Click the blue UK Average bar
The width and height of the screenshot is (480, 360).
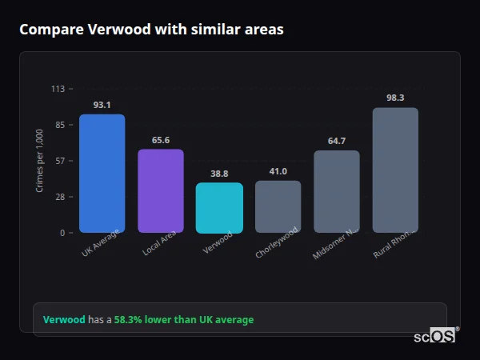pyautogui.click(x=102, y=174)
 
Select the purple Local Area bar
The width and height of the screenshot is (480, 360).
pyautogui.click(x=161, y=191)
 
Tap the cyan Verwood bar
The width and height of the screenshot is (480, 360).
pyautogui.click(x=219, y=208)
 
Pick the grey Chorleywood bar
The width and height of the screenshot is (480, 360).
pyautogui.click(x=278, y=206)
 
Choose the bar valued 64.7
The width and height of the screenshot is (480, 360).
pyautogui.click(x=337, y=192)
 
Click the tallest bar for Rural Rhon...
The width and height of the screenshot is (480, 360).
pyautogui.click(x=395, y=170)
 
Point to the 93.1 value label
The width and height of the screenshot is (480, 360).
pyautogui.click(x=102, y=105)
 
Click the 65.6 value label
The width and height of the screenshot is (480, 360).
pyautogui.click(x=161, y=140)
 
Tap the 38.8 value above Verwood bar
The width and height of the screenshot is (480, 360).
pyautogui.click(x=219, y=174)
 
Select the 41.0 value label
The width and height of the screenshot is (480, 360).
pyautogui.click(x=278, y=171)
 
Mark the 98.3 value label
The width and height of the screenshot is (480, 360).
pyautogui.click(x=395, y=98)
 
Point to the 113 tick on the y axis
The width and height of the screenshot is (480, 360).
pyautogui.click(x=58, y=89)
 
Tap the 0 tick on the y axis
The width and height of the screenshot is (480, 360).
pyautogui.click(x=62, y=233)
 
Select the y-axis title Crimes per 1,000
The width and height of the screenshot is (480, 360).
pyautogui.click(x=40, y=161)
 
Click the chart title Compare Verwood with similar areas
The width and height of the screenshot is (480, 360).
pyautogui.click(x=151, y=30)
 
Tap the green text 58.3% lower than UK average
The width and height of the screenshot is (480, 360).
pyautogui.click(x=184, y=320)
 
